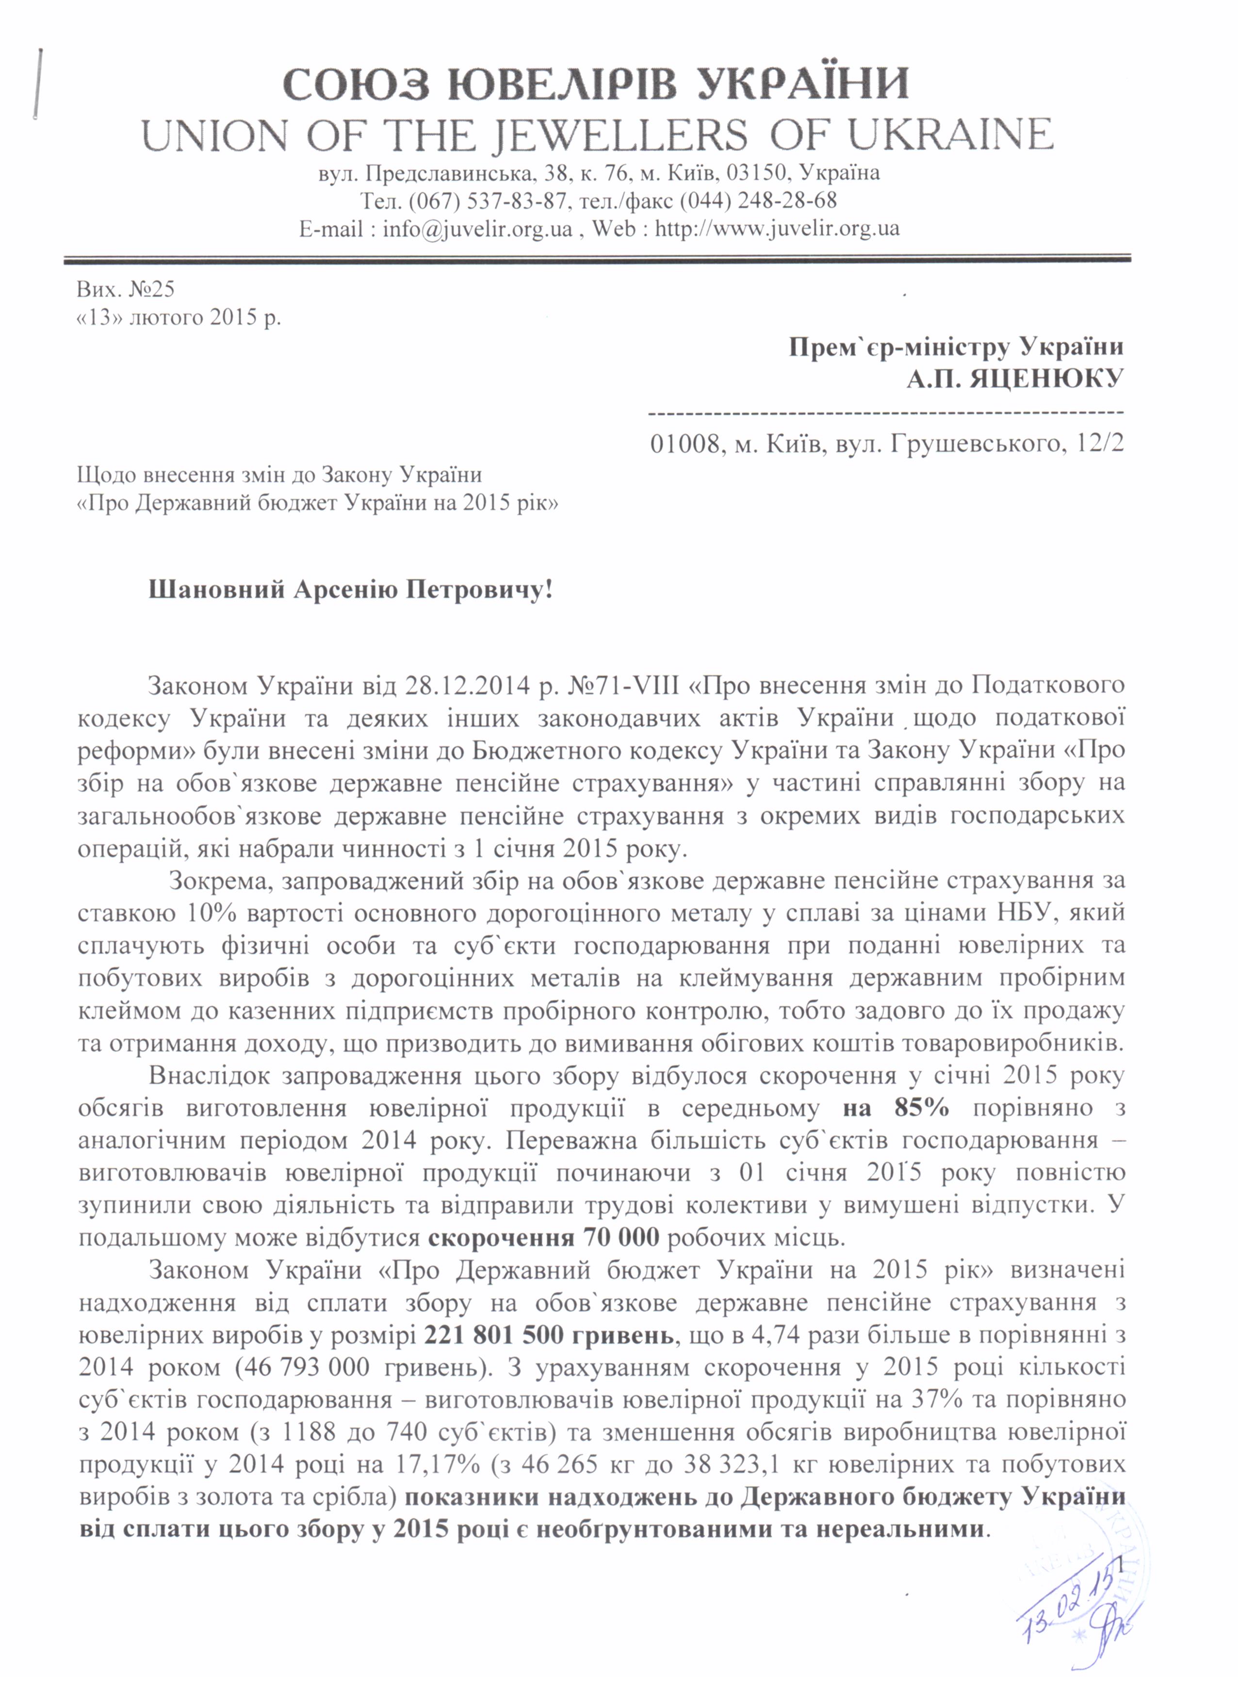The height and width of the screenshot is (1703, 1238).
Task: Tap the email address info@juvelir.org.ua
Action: tap(477, 228)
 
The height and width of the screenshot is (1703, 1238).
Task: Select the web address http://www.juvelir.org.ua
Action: tap(777, 228)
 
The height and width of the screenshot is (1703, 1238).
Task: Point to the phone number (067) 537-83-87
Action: tap(487, 200)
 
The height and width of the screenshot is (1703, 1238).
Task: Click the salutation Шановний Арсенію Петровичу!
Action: tap(351, 589)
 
